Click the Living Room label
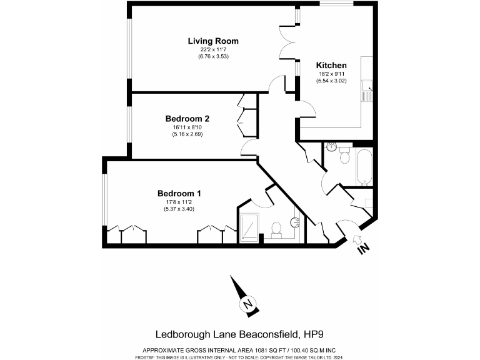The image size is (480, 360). point(213,41)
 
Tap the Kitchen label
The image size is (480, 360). point(331,66)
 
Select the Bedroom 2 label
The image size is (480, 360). point(187,118)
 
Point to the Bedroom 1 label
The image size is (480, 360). point(179,193)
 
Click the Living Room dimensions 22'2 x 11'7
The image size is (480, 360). point(213,50)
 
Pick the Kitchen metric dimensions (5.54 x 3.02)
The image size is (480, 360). point(331,81)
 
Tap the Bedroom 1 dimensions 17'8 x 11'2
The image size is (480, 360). point(179,201)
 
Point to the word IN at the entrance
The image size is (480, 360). point(363,249)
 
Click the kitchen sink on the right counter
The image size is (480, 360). point(369,91)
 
